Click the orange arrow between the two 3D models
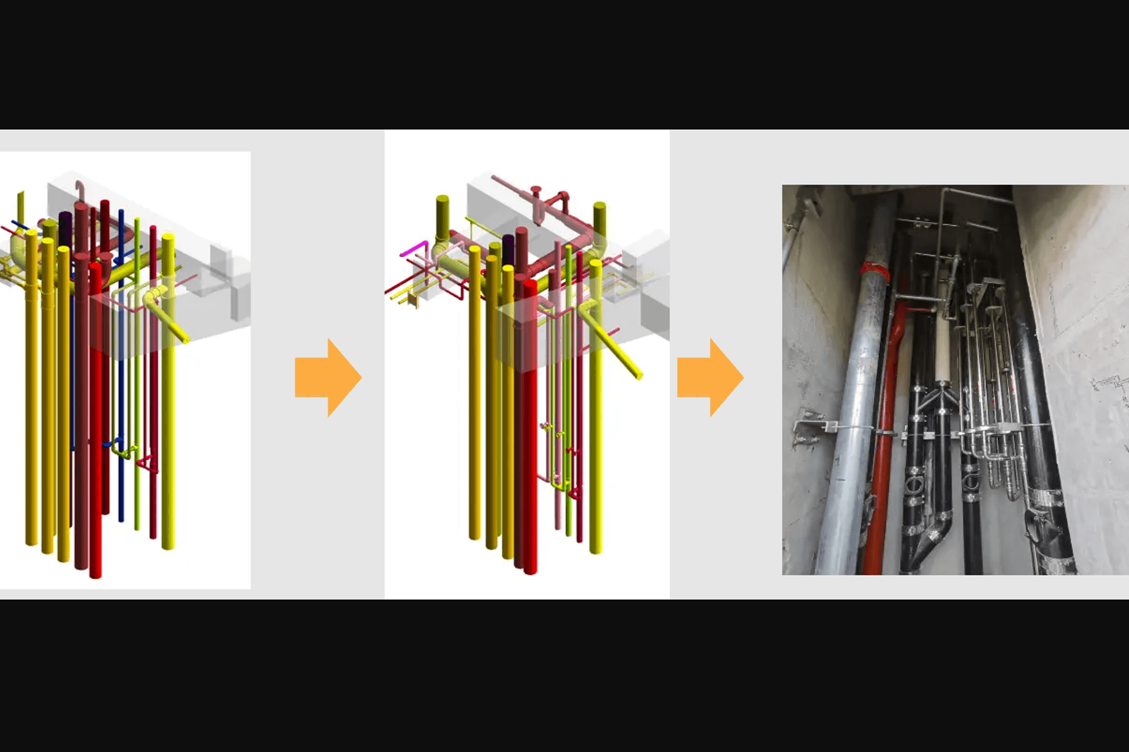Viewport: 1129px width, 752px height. [x=327, y=378]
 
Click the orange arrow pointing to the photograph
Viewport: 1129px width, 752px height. [x=709, y=378]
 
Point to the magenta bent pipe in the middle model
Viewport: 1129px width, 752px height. [x=414, y=247]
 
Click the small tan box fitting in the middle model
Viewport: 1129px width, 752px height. [x=413, y=301]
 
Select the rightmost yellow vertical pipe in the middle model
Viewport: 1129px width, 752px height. [x=596, y=411]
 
